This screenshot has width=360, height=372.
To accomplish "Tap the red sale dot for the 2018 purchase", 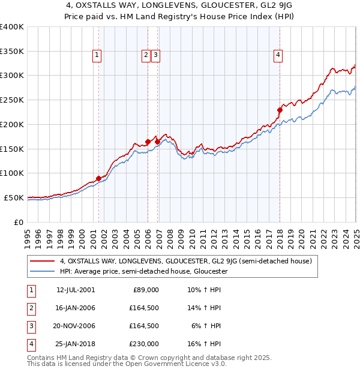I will coord(280,110).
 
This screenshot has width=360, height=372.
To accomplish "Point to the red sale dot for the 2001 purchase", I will coord(98,178).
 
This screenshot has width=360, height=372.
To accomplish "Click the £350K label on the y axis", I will coord(12,51).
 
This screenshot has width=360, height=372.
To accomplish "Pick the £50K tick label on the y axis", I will coord(14,197).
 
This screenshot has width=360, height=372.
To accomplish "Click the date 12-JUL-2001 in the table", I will coord(75,290).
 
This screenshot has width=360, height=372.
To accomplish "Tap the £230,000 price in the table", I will coord(145,344).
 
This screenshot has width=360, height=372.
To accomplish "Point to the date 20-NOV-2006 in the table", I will coord(75,326).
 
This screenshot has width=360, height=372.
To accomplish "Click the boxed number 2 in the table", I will coord(30,308).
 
